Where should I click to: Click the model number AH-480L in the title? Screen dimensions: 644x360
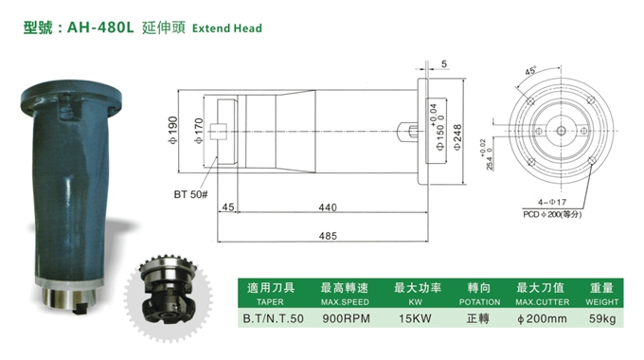(x=100, y=27)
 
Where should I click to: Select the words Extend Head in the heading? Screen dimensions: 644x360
(x=226, y=27)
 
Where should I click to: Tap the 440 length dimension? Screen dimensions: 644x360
(x=328, y=207)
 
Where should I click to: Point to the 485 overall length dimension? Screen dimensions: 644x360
(x=328, y=236)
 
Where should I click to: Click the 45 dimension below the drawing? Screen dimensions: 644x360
(x=228, y=207)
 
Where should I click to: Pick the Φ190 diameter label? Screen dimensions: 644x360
(x=172, y=131)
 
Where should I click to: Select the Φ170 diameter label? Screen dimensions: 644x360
(x=198, y=131)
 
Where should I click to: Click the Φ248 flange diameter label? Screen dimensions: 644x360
(x=456, y=137)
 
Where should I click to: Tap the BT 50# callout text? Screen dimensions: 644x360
(x=190, y=194)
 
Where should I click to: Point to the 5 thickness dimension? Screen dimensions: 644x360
(x=444, y=64)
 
